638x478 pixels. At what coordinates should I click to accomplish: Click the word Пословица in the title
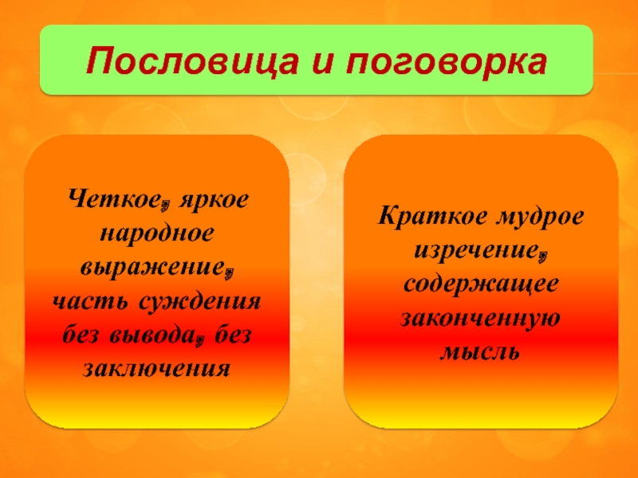pyautogui.click(x=192, y=61)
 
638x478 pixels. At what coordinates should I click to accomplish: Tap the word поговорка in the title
pyautogui.click(x=446, y=64)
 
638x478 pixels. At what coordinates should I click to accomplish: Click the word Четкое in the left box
pyautogui.click(x=113, y=199)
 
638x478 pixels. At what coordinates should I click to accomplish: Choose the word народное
pyautogui.click(x=156, y=233)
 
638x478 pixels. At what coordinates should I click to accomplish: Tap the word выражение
pyautogui.click(x=152, y=268)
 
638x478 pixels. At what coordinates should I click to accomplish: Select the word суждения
pyautogui.click(x=201, y=303)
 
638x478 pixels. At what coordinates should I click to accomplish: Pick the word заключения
pyautogui.click(x=156, y=369)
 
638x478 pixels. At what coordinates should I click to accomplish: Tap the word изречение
pyautogui.click(x=476, y=250)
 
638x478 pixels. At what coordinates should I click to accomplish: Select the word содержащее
pyautogui.click(x=481, y=284)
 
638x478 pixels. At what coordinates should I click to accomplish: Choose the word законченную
pyautogui.click(x=481, y=318)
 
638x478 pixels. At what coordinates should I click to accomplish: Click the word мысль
pyautogui.click(x=480, y=352)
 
